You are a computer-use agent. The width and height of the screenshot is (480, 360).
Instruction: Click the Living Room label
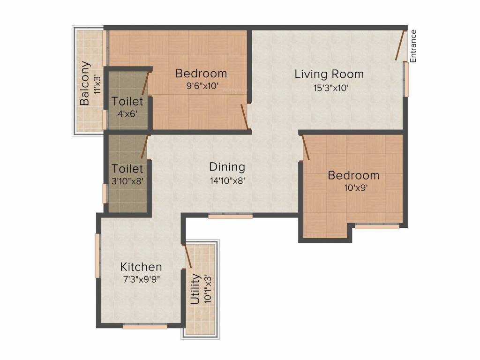(x=329, y=74)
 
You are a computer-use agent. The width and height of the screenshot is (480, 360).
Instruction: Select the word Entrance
(x=413, y=46)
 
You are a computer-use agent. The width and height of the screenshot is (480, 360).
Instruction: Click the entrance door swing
(x=400, y=45)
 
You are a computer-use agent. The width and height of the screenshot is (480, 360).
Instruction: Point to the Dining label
(x=227, y=167)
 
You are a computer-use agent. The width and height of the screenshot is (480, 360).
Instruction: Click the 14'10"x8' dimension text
(x=227, y=180)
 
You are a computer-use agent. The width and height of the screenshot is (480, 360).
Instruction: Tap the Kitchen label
(x=141, y=267)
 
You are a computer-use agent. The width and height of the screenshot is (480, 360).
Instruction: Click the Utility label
(x=196, y=289)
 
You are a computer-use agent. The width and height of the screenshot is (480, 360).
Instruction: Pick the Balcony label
(x=85, y=83)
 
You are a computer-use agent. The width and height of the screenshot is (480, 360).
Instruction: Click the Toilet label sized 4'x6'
(x=127, y=101)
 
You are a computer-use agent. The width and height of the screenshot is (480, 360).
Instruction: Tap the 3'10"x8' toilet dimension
(x=127, y=180)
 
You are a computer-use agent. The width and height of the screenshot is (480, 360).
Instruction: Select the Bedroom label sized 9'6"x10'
(x=201, y=74)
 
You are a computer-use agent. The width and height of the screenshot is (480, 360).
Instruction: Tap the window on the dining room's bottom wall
(x=230, y=216)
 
